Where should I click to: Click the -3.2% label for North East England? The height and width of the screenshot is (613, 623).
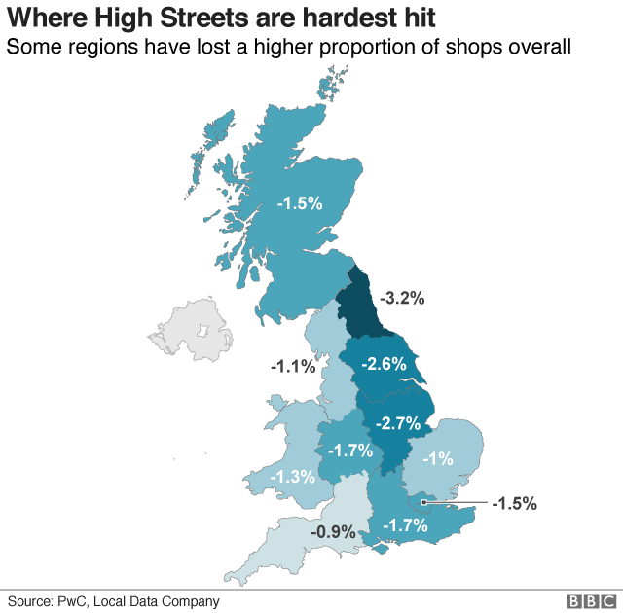pyautogui.click(x=401, y=299)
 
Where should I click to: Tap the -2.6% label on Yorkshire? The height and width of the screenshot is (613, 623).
pyautogui.click(x=384, y=364)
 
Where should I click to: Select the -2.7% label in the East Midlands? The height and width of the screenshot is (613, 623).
pyautogui.click(x=397, y=423)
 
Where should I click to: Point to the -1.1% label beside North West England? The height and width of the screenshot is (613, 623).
pyautogui.click(x=293, y=367)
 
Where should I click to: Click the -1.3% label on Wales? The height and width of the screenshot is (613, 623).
pyautogui.click(x=293, y=477)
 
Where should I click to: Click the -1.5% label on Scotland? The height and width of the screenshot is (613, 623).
pyautogui.click(x=299, y=203)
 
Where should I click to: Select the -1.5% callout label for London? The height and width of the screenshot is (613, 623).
pyautogui.click(x=514, y=503)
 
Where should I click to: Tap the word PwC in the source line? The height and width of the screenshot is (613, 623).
pyautogui.click(x=83, y=601)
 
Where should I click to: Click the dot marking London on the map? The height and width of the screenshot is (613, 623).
pyautogui.click(x=424, y=503)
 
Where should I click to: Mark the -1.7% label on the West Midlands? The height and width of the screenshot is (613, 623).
pyautogui.click(x=348, y=451)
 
